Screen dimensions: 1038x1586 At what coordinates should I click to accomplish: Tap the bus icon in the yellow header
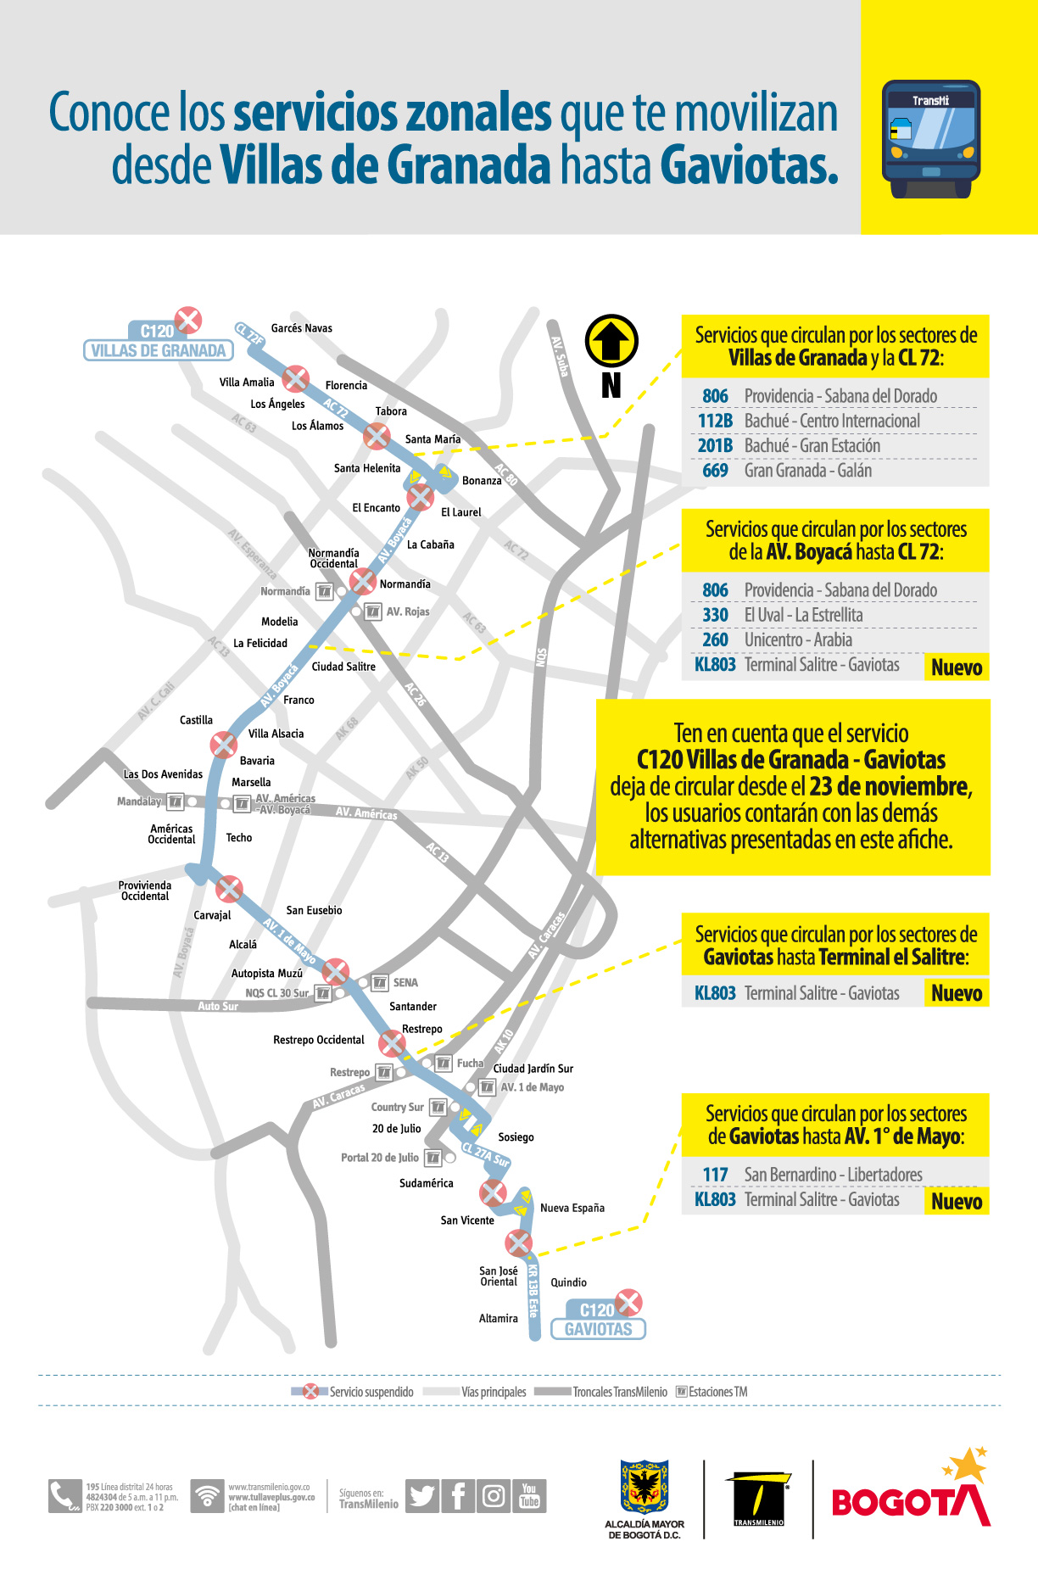(930, 139)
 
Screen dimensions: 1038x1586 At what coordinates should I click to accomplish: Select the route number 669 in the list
(715, 471)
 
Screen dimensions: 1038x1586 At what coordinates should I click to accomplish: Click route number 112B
(715, 422)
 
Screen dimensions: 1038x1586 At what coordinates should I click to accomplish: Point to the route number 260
(715, 640)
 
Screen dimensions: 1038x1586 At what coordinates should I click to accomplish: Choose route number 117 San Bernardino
(715, 1175)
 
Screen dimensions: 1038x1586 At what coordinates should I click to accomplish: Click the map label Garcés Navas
(301, 328)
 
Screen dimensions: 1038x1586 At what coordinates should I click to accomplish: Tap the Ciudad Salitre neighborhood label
(343, 667)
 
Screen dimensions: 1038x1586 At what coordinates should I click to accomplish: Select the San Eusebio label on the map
(314, 910)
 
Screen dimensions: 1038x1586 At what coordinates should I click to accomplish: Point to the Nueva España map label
(572, 1208)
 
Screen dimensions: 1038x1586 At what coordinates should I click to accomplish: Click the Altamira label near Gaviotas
(498, 1319)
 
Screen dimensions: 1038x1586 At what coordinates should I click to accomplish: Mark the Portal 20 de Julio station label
(380, 1158)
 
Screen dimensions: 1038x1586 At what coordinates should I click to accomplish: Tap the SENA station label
(405, 983)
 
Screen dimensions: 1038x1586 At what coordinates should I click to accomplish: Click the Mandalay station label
(139, 801)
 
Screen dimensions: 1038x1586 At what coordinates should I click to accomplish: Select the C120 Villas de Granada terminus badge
(158, 341)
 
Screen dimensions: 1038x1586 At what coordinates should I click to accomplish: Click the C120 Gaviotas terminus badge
(598, 1321)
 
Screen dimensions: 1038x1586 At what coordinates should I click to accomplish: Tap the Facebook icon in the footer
(458, 1496)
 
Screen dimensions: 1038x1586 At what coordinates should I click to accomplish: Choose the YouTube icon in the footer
(529, 1496)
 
